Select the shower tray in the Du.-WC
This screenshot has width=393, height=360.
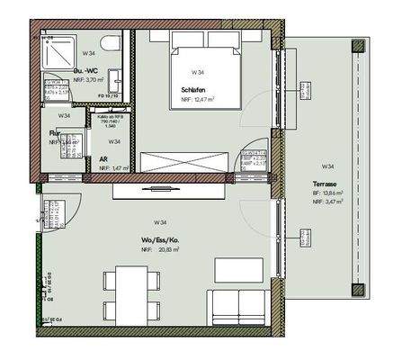[62, 53]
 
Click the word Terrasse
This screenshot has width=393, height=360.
[326, 183]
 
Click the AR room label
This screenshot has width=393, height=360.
[104, 157]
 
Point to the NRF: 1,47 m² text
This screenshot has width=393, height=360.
[113, 168]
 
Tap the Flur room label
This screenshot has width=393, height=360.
[55, 133]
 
